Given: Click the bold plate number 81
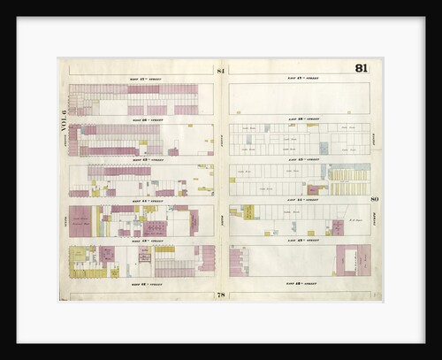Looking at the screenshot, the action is (362, 69).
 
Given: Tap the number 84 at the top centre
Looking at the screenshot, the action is (220, 70).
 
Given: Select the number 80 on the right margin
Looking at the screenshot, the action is (375, 199).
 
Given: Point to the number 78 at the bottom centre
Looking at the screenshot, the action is (220, 293).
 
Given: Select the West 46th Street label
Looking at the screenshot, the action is (141, 119).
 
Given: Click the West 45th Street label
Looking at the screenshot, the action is (141, 160).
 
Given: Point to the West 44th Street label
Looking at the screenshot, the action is (141, 201).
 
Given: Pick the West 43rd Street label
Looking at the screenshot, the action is (141, 241).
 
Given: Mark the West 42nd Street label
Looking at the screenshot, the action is (141, 283).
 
